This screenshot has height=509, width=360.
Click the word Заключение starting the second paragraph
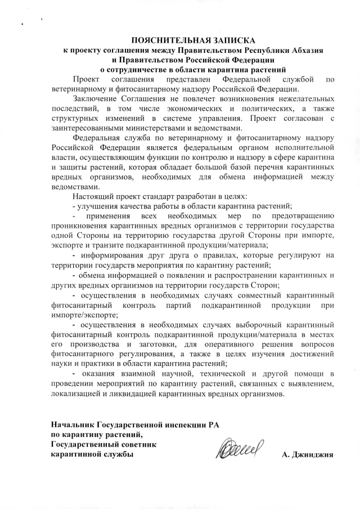96,99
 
